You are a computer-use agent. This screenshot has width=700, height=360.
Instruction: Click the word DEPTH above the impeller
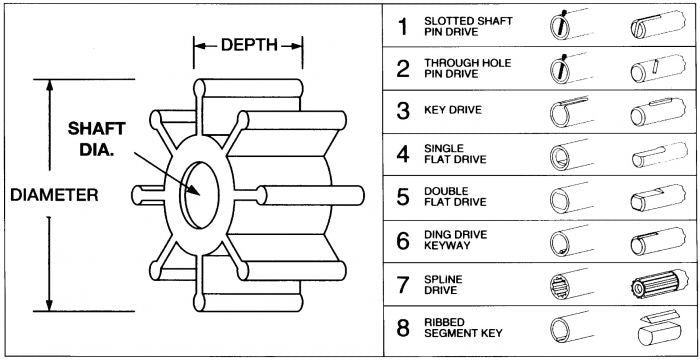coord(249,45)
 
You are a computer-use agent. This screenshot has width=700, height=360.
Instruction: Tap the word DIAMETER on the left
coord(54,195)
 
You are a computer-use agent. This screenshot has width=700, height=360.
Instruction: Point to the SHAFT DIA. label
coord(96,138)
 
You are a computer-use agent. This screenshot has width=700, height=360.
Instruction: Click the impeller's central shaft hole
coord(200,195)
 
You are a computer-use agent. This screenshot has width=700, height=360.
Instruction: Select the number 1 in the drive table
coord(403,27)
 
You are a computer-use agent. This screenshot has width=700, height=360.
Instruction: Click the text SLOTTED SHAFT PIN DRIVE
coord(468,27)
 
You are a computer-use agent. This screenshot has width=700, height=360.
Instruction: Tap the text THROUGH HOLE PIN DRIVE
coord(467,69)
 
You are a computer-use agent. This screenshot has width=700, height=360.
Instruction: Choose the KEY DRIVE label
coord(453,110)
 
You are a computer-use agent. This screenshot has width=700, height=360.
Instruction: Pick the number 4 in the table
coord(403,154)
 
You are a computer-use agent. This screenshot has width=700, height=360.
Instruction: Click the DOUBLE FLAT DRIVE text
coord(455,197)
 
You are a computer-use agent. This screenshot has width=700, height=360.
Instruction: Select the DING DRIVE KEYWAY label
coord(455,240)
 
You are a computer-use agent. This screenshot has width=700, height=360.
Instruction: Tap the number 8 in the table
coord(403,328)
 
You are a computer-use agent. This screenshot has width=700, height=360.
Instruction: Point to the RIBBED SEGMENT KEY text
coord(463,328)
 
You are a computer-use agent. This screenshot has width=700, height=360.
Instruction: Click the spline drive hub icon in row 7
coord(571,284)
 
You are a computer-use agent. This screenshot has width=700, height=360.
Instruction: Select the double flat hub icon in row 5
coord(571,198)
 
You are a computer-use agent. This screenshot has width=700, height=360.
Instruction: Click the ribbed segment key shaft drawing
coord(659,328)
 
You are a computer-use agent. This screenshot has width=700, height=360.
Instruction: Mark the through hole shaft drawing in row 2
coord(658,68)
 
